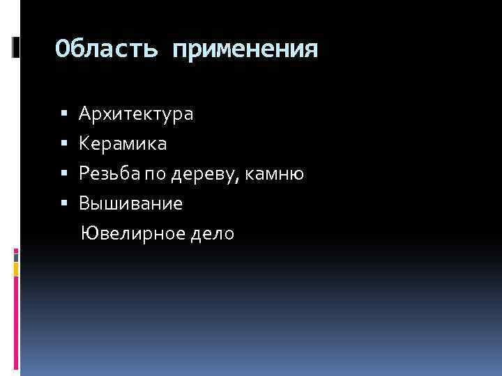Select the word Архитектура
click(136, 113)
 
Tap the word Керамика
click(123, 144)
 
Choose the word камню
click(278, 174)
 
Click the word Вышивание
click(131, 203)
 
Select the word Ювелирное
click(130, 233)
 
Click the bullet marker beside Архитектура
click(64, 113)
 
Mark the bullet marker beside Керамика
click(64, 143)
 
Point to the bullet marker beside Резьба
click(64, 173)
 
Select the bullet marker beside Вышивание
click(64, 203)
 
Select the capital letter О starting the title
click(63, 49)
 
